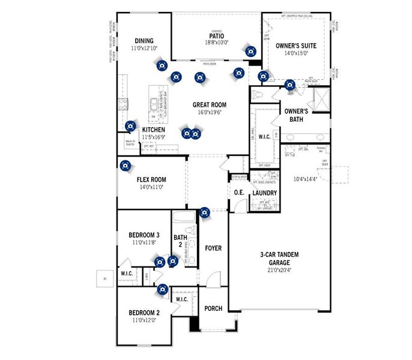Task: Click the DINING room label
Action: coord(144,40)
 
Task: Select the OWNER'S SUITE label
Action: coord(295,46)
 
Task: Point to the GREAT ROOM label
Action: coord(209,104)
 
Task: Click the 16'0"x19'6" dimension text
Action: coord(209,112)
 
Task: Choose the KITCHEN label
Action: coord(153,130)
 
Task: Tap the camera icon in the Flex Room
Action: coord(126,166)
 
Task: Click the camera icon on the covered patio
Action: coord(249,52)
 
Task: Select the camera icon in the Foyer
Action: coord(204,212)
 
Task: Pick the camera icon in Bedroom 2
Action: coord(162,290)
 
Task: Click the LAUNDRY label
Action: coord(264,193)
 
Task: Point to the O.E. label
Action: coord(238,193)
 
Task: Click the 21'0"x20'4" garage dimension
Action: coord(279,262)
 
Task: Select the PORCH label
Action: coord(213,308)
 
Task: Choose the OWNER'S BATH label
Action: coord(296,115)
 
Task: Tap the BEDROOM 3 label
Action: coord(144,235)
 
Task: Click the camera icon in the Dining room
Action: coord(161,66)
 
